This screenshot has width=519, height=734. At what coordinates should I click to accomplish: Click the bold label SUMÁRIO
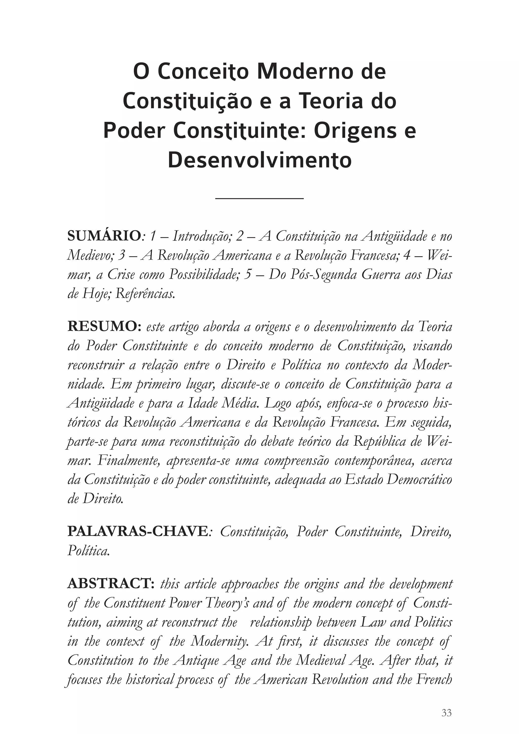click(104, 237)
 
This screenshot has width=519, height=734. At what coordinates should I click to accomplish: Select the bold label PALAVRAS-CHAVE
click(138, 532)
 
